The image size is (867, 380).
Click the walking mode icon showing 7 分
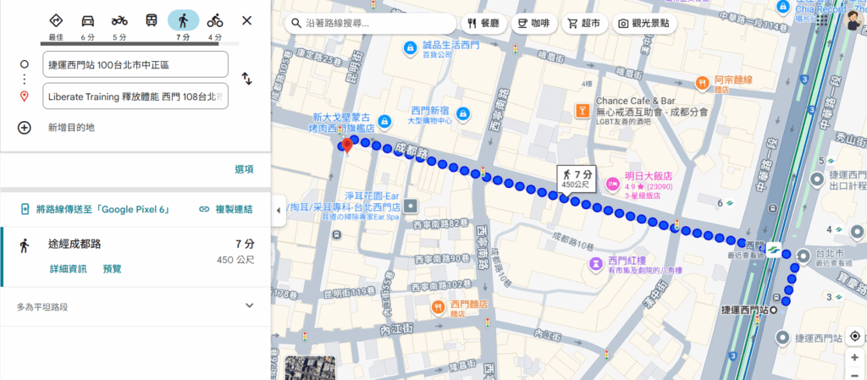(182, 20)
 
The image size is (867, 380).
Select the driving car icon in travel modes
(87, 20)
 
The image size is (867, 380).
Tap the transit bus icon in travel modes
(151, 20)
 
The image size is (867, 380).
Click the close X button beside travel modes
(246, 20)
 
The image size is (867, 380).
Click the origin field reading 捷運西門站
(135, 63)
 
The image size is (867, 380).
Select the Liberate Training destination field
(135, 96)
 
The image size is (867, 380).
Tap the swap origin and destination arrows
(246, 79)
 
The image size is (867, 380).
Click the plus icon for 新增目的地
(25, 128)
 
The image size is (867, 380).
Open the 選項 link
(244, 169)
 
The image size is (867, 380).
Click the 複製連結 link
(226, 208)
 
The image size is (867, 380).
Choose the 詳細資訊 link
(67, 268)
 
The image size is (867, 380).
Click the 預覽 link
(112, 268)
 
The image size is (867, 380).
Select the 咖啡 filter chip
(533, 24)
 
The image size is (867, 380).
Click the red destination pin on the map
(346, 145)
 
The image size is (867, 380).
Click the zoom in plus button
(854, 357)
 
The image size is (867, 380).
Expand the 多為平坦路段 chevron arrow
(249, 306)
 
